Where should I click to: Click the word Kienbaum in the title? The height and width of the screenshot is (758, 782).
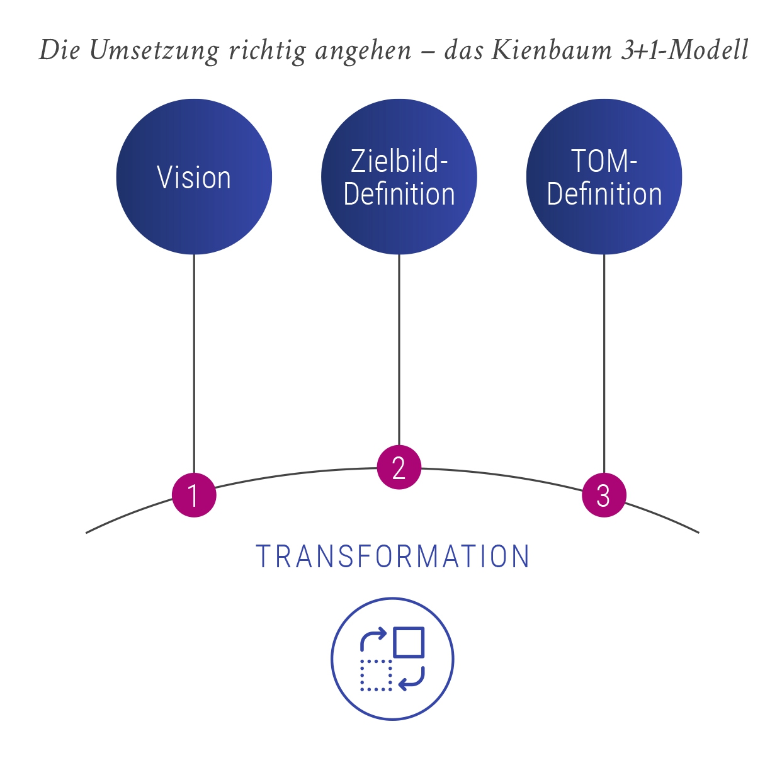(551, 50)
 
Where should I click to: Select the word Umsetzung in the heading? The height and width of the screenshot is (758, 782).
(154, 50)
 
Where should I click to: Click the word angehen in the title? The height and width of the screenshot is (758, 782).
(363, 50)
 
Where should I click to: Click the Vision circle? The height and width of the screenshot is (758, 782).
(194, 177)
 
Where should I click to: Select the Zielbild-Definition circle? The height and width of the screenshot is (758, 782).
(399, 177)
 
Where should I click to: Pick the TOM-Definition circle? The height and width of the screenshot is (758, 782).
(604, 177)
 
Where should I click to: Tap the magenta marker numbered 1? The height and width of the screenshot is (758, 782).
(194, 495)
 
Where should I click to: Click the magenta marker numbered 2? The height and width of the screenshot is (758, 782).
(399, 467)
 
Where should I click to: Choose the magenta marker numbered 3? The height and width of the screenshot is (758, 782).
(604, 495)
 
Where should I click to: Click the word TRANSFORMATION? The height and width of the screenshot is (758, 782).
(393, 557)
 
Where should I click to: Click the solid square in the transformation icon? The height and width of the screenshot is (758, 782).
(409, 642)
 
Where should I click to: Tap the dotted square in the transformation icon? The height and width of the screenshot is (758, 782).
(376, 676)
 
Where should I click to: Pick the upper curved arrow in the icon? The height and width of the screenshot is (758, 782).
(371, 638)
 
